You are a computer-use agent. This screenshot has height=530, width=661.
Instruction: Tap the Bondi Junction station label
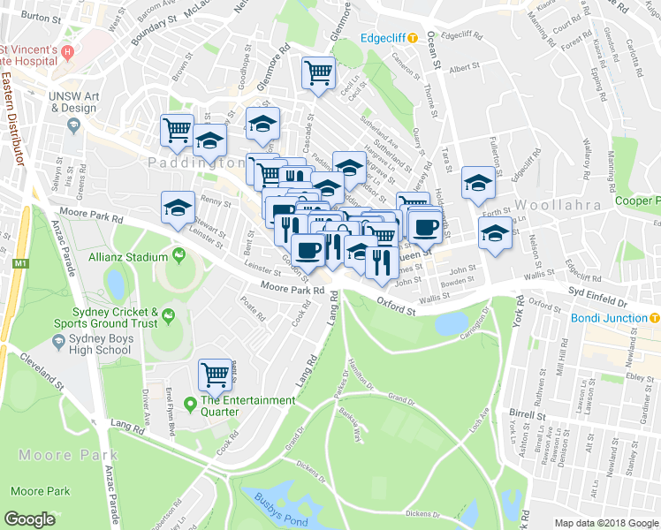click(610, 318)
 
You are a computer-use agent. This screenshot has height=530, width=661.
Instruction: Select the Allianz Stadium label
click(127, 257)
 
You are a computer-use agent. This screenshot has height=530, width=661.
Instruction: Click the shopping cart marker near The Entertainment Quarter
click(216, 375)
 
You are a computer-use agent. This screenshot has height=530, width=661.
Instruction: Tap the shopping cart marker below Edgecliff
click(318, 73)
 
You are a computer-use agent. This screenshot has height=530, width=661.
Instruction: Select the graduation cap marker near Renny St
click(178, 208)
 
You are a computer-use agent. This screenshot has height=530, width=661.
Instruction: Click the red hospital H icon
click(67, 53)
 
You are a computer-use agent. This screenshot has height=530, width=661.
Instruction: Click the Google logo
click(30, 519)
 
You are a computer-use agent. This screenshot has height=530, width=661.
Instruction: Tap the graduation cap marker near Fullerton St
click(478, 183)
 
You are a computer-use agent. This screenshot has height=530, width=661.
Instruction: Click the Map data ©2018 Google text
click(606, 522)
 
